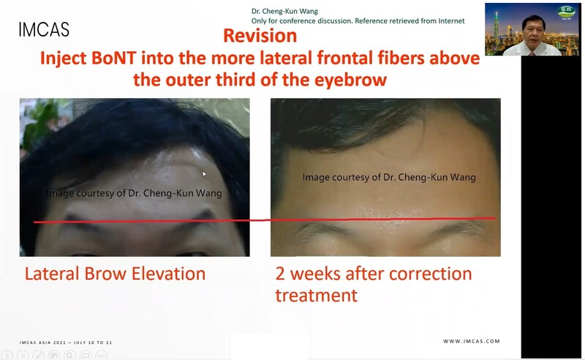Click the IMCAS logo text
tap(44, 29)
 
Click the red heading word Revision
tap(260, 36)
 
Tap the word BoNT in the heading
tap(113, 58)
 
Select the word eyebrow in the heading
tap(351, 80)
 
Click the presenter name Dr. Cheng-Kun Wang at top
tap(284, 11)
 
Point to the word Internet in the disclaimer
tap(451, 21)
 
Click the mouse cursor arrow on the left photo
tap(204, 173)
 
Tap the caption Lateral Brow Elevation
tap(115, 274)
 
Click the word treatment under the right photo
tap(317, 296)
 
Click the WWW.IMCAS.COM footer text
tap(472, 341)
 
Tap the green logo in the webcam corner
tap(567, 12)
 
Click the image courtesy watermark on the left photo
tap(135, 193)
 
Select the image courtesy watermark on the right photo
tap(389, 177)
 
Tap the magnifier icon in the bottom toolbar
tap(69, 355)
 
